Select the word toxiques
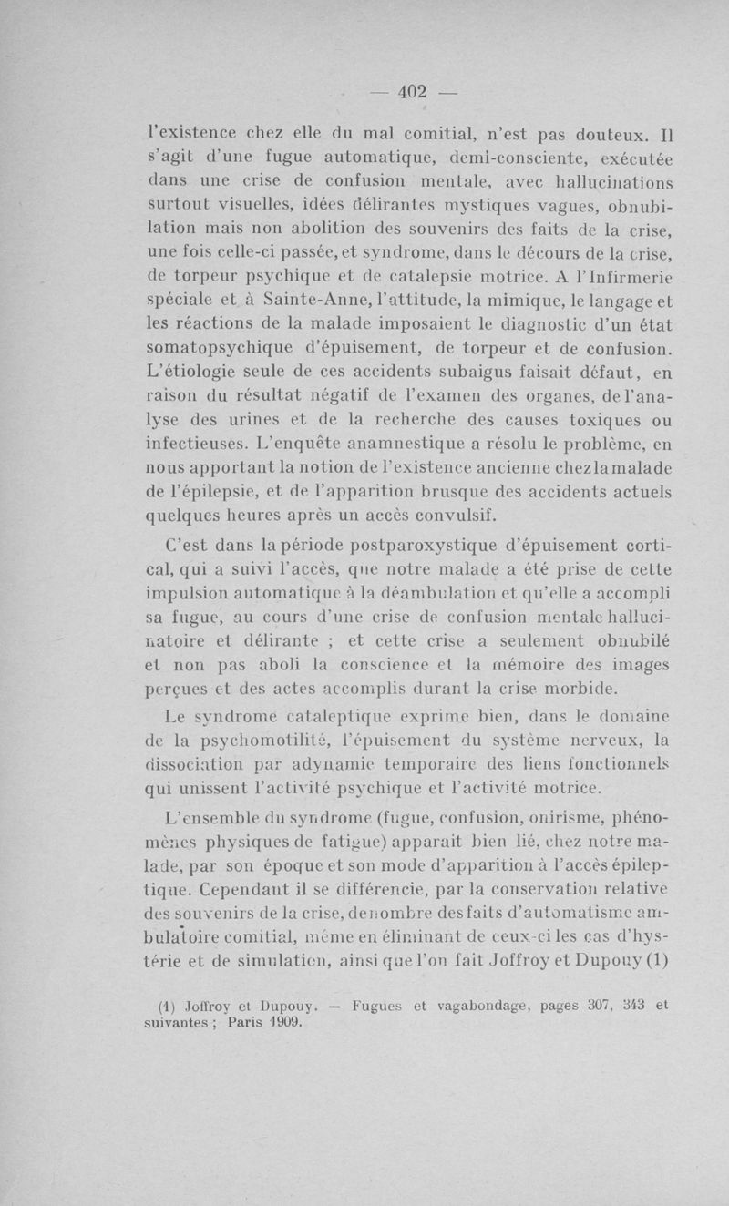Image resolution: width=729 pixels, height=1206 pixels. click(613, 421)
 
